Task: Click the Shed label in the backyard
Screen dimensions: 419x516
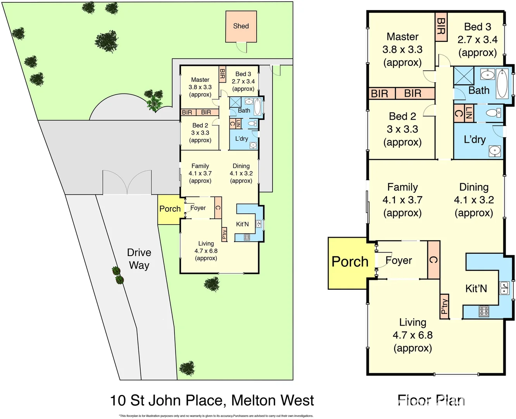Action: (x=241, y=26)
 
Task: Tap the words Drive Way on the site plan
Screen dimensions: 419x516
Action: (x=139, y=259)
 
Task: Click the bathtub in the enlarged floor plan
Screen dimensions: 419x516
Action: (x=502, y=83)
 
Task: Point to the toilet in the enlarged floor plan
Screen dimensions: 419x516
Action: (x=494, y=113)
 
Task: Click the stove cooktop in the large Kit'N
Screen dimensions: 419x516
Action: (x=484, y=310)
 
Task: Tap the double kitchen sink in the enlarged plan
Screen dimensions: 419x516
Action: (x=504, y=288)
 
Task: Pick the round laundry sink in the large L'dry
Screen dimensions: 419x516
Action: (x=495, y=150)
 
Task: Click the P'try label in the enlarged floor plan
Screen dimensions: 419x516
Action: (x=445, y=306)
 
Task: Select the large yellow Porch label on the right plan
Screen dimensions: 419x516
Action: (x=350, y=262)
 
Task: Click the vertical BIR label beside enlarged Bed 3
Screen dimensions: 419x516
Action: (x=441, y=26)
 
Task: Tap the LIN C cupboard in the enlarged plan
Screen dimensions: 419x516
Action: (x=463, y=113)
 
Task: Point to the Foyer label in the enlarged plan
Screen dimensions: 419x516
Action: (x=399, y=260)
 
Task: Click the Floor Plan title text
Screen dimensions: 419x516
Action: (x=431, y=400)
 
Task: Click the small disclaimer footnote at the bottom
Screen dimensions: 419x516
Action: (x=216, y=416)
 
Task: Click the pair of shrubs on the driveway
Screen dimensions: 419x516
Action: (x=118, y=275)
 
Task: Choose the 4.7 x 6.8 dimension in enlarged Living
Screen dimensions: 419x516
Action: (x=412, y=335)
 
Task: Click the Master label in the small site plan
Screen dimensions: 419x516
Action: (x=200, y=80)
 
